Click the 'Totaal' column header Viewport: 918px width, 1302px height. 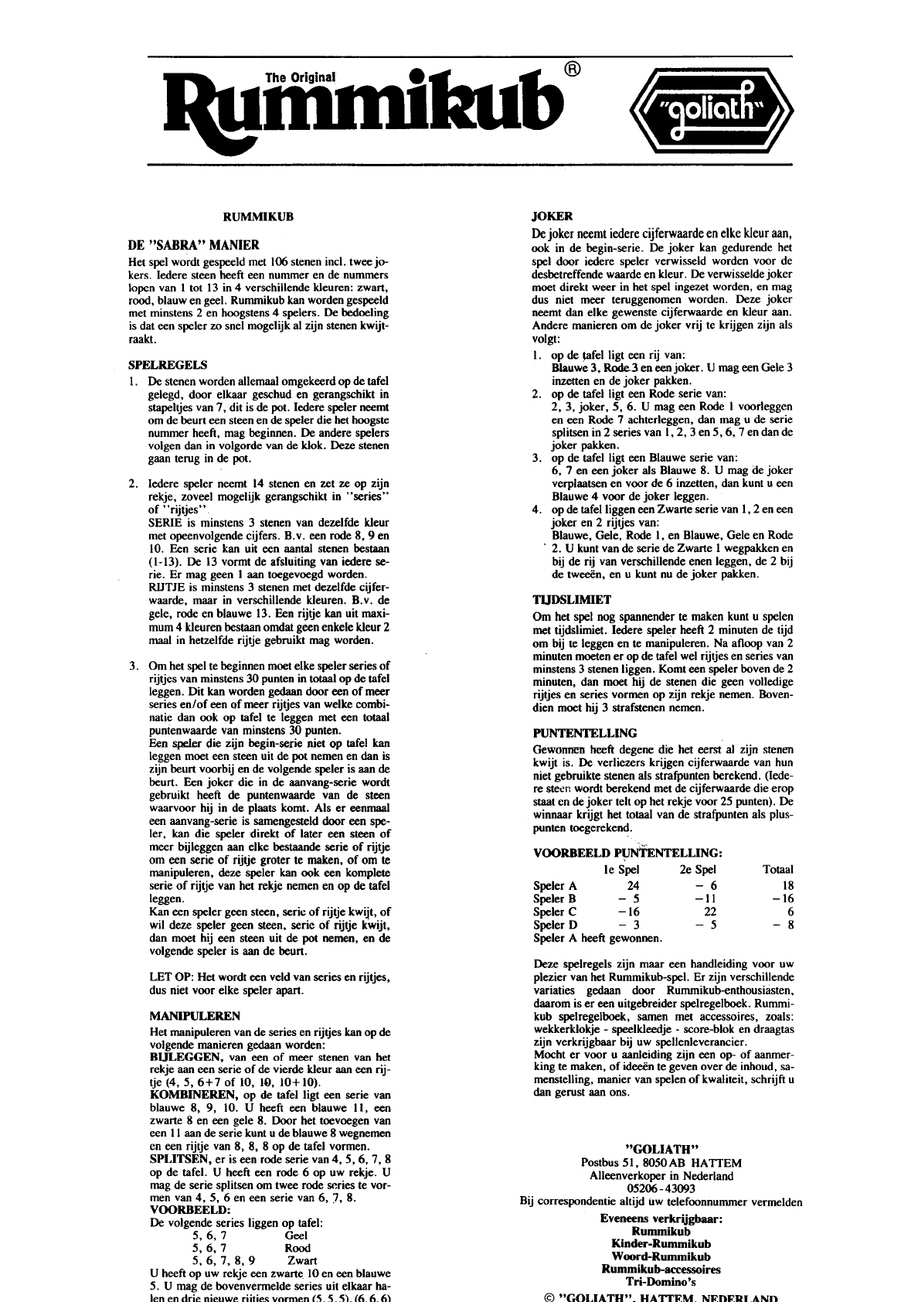(777, 870)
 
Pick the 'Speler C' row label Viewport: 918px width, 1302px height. (555, 912)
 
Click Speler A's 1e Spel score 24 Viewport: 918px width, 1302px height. (633, 885)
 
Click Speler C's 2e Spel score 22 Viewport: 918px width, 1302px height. (710, 912)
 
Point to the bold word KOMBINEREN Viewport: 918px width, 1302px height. (193, 1095)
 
